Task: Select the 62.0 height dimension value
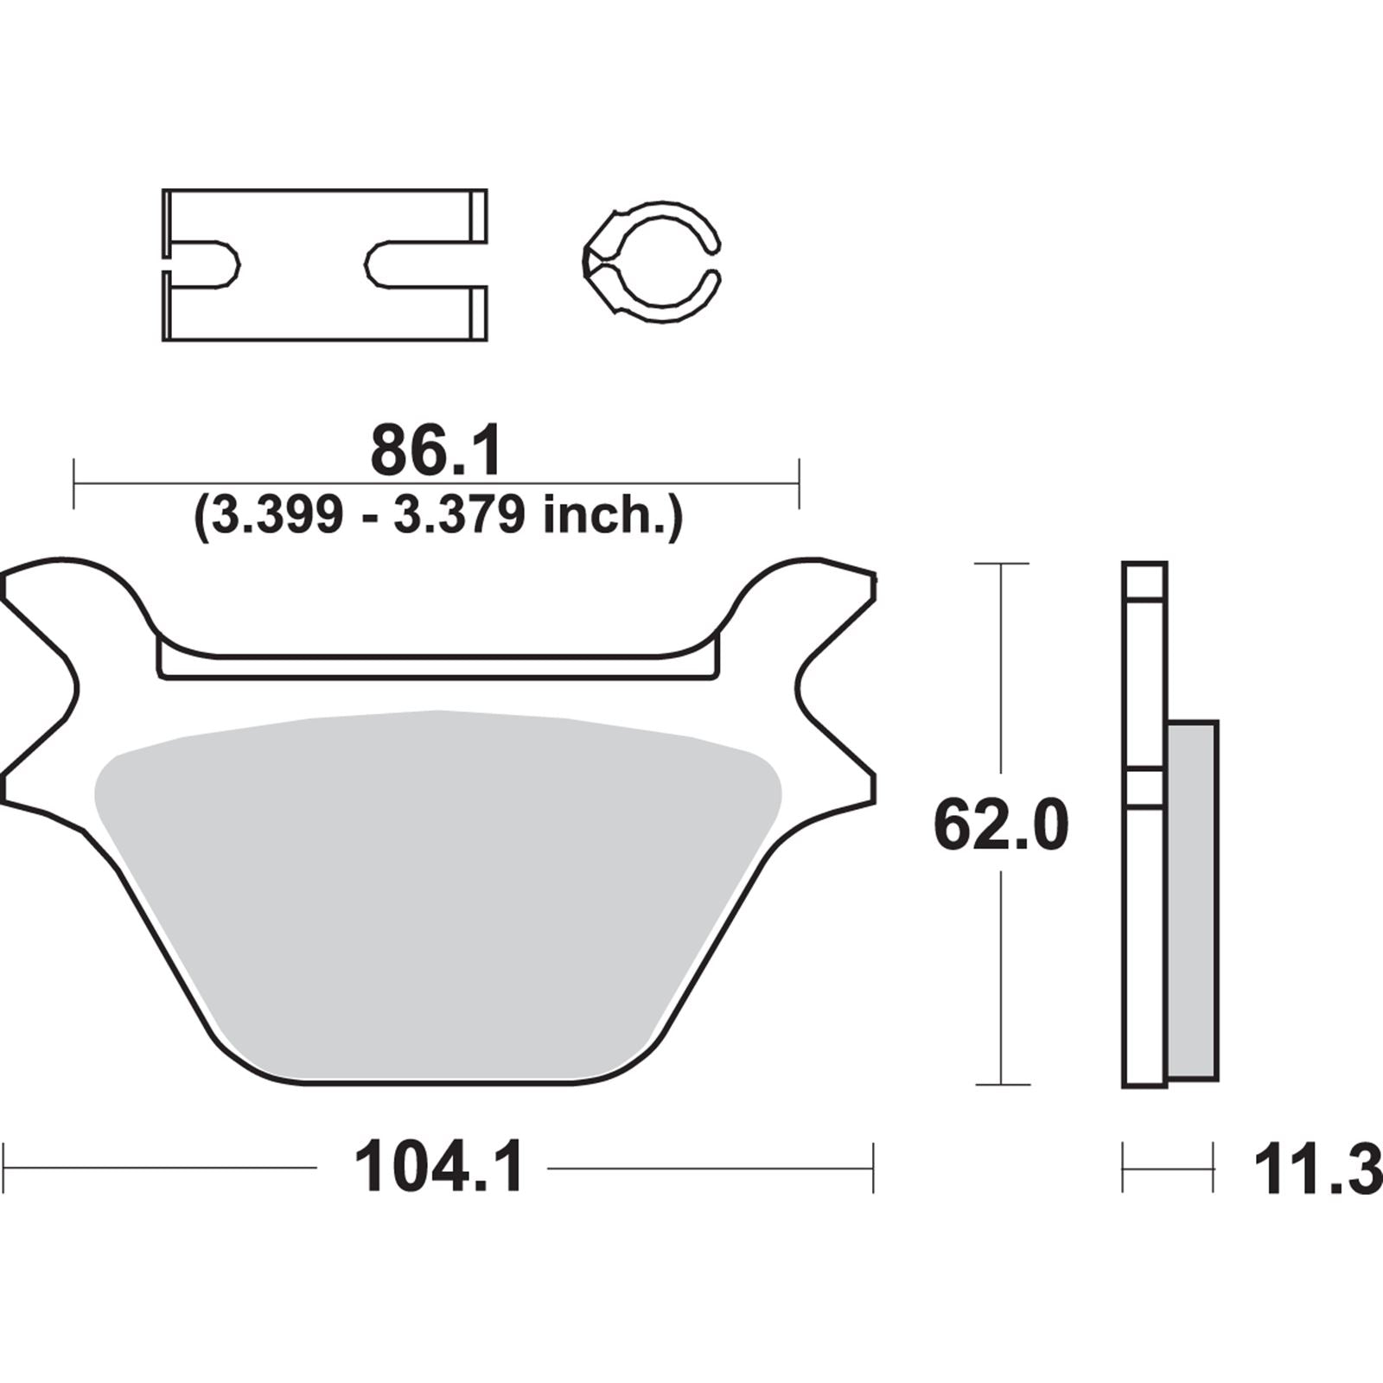1001,826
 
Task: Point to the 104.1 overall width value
438,1169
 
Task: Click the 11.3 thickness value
1316,1170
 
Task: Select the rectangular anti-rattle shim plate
324,216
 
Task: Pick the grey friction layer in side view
1193,899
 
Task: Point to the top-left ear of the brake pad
61,588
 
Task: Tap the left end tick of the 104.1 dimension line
6,1169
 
